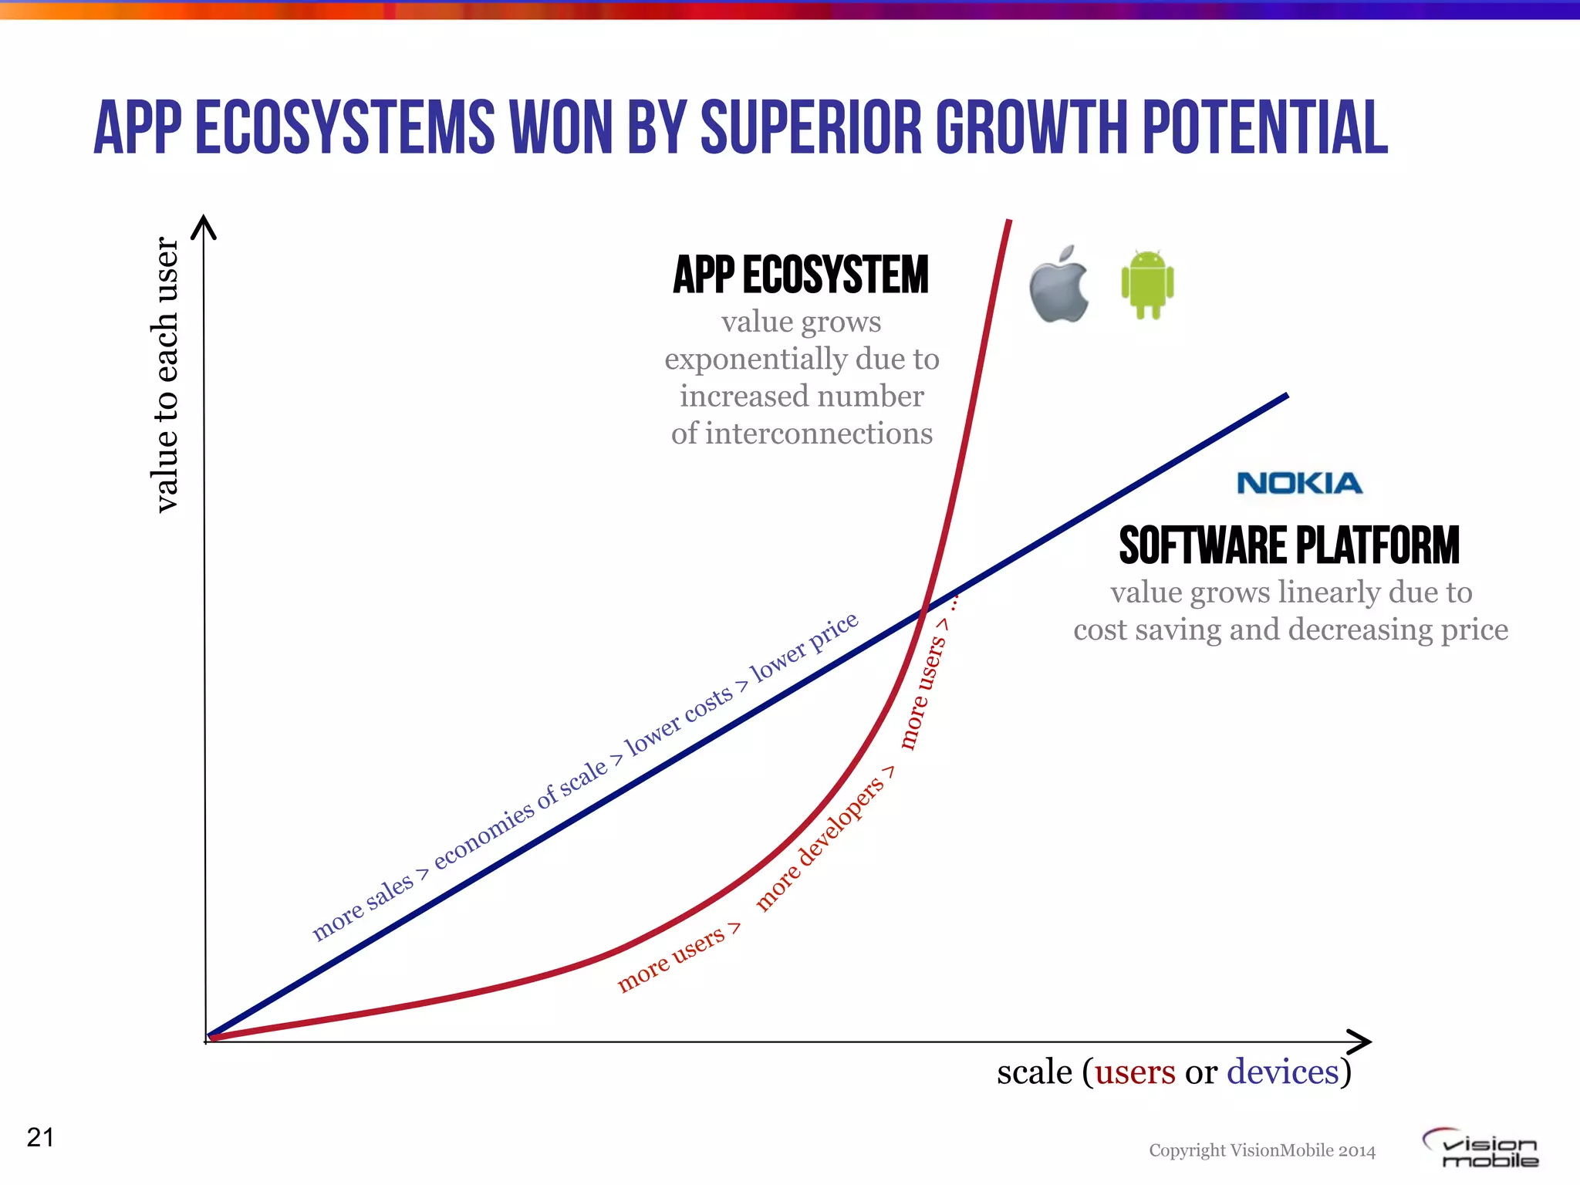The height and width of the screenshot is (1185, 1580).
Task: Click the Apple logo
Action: pos(1058,285)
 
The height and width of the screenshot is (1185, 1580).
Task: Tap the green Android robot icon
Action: pos(1147,284)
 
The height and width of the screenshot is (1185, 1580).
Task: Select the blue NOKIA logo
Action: pos(1299,484)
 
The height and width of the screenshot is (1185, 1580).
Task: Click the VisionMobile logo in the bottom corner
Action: pos(1481,1149)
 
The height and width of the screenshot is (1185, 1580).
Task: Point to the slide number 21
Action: pos(40,1137)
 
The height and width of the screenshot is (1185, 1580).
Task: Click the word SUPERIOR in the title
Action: pos(811,127)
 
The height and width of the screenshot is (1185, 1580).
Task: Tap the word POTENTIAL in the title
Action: pos(1264,127)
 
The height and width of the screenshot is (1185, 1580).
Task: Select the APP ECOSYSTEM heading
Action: pos(801,275)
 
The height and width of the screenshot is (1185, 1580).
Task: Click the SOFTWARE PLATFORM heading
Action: pos(1289,545)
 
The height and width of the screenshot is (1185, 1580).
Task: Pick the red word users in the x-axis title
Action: pos(1135,1072)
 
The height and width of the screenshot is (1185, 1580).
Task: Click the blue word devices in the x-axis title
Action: pos(1282,1072)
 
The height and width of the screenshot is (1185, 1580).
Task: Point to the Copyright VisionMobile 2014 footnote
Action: pos(1262,1150)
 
